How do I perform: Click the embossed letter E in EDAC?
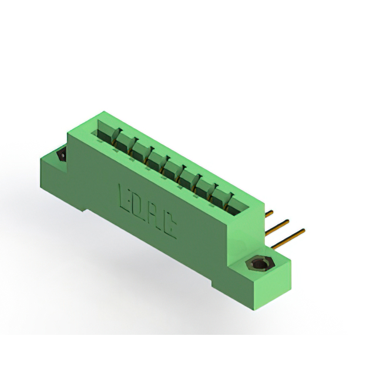125,197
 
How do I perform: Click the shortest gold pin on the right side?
269,213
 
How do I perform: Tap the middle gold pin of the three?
277,227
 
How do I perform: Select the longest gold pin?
288,239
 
